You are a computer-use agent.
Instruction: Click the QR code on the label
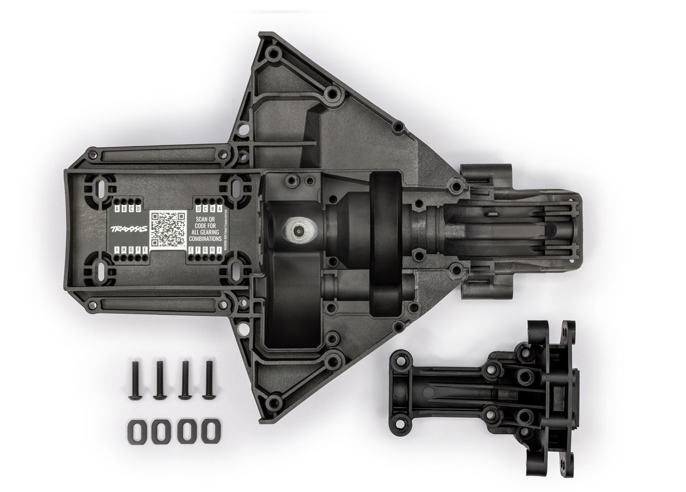pos(168,229)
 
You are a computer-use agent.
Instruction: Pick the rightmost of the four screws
pos(208,379)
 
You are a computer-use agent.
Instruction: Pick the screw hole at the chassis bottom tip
pos(274,400)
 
